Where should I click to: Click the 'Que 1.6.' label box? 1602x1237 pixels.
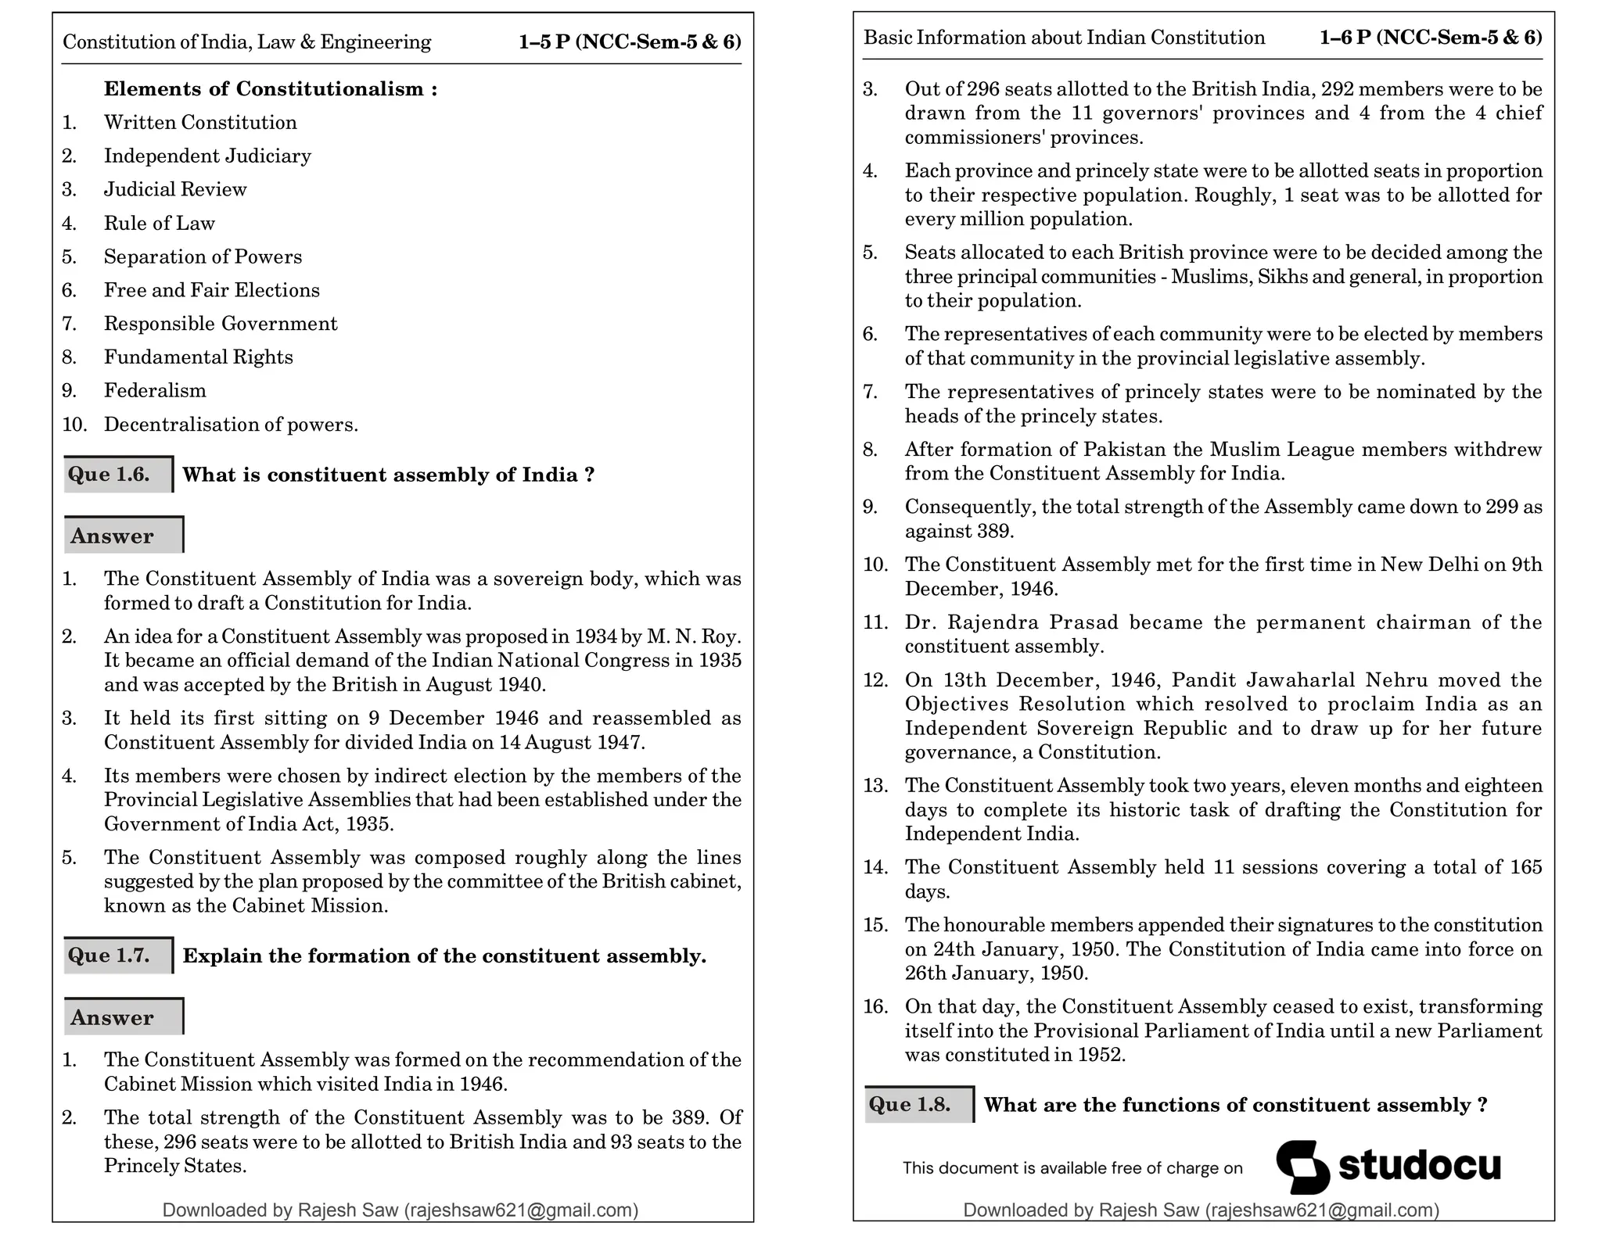click(117, 475)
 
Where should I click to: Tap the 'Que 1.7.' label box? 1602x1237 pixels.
click(117, 956)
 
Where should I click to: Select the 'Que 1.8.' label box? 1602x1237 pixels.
click(918, 1104)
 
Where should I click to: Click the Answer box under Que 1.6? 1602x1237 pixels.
click(123, 536)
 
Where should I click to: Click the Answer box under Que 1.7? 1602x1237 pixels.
click(123, 1016)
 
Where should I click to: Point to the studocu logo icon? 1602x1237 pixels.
click(1302, 1166)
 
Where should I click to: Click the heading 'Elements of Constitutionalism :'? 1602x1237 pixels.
click(271, 89)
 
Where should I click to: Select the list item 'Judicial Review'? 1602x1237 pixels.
click(175, 189)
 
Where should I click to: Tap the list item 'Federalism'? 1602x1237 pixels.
click(155, 390)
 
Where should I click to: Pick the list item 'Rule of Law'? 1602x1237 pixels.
click(160, 223)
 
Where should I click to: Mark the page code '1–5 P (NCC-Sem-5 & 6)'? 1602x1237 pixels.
click(630, 41)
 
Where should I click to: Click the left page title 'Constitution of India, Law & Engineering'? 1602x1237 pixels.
click(246, 41)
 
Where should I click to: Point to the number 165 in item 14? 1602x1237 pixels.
click(1526, 867)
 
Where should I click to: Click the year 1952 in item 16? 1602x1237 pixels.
click(1101, 1055)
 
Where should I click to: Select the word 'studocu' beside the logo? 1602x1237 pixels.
click(1420, 1164)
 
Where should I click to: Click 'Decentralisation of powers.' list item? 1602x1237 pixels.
click(231, 425)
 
